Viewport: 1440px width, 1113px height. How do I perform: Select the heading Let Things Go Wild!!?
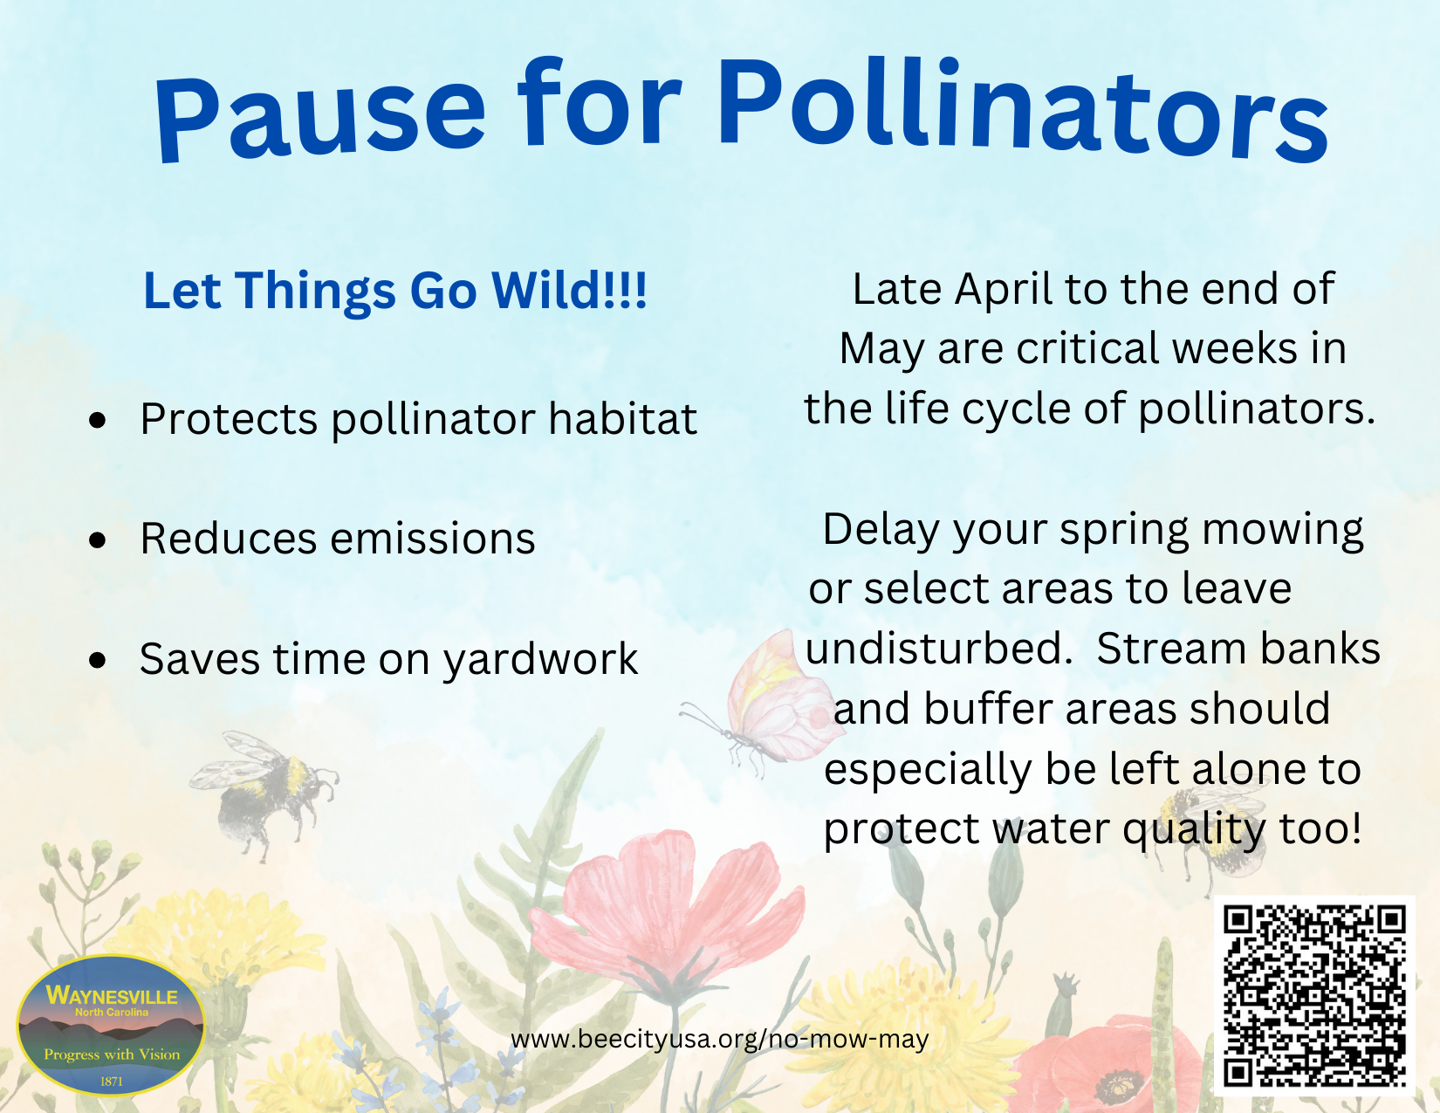point(395,291)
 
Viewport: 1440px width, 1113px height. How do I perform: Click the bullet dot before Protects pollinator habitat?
point(98,420)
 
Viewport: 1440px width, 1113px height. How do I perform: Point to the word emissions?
point(433,538)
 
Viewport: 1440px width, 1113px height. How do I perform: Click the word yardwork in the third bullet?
point(540,660)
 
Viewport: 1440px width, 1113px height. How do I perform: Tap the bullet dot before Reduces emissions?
point(98,539)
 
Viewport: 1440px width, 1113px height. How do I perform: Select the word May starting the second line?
point(881,350)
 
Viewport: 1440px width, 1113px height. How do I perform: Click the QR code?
point(1314,996)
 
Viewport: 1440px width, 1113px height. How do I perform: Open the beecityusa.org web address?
point(720,1039)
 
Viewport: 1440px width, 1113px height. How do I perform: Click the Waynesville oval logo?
point(111,1025)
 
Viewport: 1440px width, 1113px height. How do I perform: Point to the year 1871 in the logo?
point(112,1082)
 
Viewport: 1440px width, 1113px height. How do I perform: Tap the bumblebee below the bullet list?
point(265,792)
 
